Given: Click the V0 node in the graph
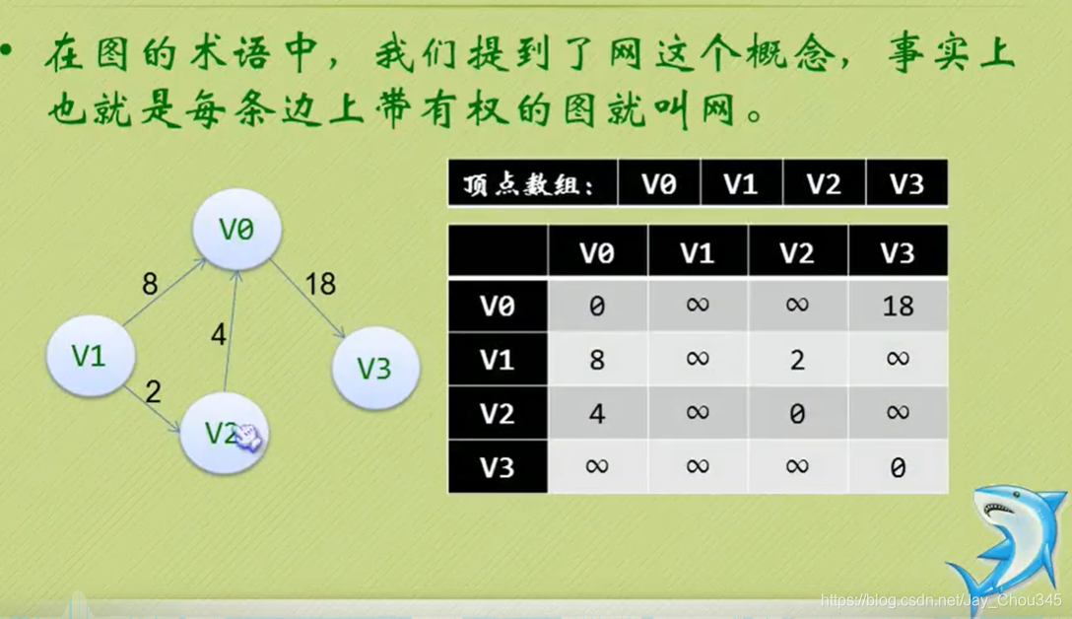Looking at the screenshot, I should click(x=236, y=230).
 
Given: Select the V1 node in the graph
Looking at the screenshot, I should click(x=90, y=355).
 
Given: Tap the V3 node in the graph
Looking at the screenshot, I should click(x=374, y=368).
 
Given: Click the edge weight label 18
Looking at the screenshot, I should click(x=320, y=284).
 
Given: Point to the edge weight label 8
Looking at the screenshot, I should click(x=150, y=285).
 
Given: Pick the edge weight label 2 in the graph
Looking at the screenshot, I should click(x=152, y=392).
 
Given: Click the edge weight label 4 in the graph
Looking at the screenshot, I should click(x=219, y=335).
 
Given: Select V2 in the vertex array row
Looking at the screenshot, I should click(x=824, y=184).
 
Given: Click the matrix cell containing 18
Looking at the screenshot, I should click(x=897, y=306).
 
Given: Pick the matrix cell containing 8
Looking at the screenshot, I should click(x=597, y=359).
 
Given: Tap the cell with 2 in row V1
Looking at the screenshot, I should click(x=797, y=359).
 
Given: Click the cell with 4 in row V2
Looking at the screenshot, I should click(x=597, y=412).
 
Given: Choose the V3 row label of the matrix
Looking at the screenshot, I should click(x=498, y=465).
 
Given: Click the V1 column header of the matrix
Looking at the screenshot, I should click(x=698, y=252).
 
